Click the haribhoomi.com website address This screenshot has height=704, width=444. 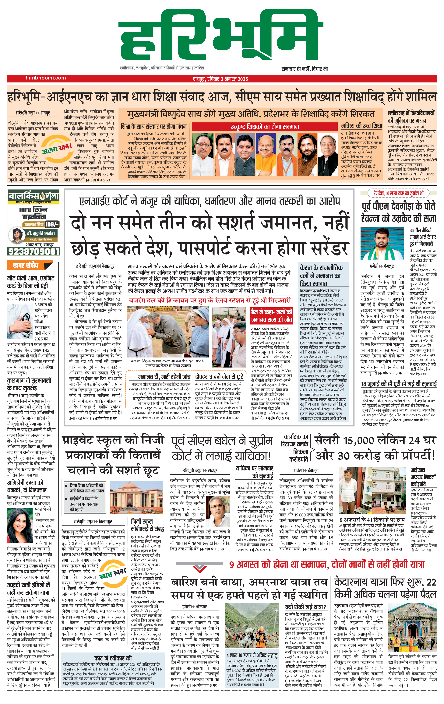pos(46,78)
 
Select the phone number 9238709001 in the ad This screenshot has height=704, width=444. pos(34,252)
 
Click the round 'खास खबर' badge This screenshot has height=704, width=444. pos(113,574)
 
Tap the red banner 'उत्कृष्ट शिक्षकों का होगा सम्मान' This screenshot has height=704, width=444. pos(265,127)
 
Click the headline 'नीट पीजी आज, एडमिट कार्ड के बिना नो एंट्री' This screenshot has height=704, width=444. pos(30,282)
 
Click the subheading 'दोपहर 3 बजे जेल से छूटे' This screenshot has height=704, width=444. pos(219,377)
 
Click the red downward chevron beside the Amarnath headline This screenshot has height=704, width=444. pos(200,569)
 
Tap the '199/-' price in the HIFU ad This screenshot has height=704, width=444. pos(52,224)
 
